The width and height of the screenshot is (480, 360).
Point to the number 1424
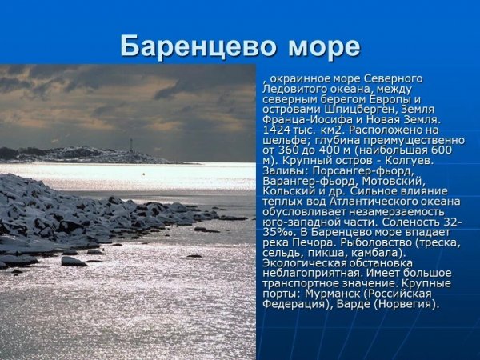pos(277,130)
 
